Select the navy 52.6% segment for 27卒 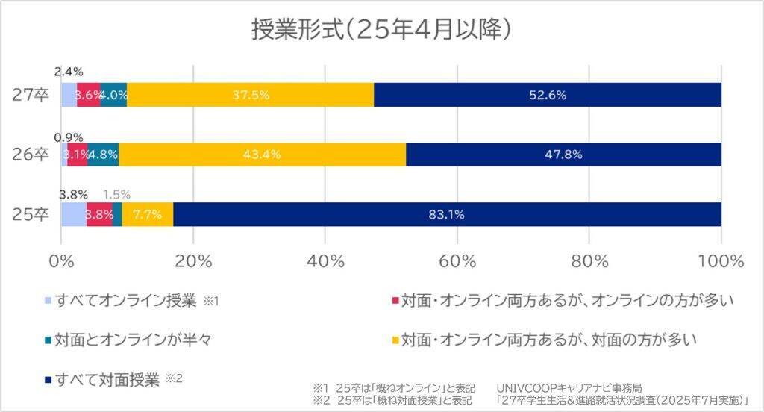pyautogui.click(x=548, y=95)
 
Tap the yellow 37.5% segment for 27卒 pyautogui.click(x=250, y=95)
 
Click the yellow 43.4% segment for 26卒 pyautogui.click(x=262, y=154)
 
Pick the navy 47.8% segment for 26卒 pyautogui.click(x=563, y=154)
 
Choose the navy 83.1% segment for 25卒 pyautogui.click(x=447, y=214)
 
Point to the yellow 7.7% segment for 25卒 pyautogui.click(x=148, y=214)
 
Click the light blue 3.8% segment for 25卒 pyautogui.click(x=74, y=214)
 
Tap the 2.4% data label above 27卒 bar pyautogui.click(x=68, y=72)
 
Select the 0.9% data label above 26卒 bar pyautogui.click(x=68, y=137)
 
